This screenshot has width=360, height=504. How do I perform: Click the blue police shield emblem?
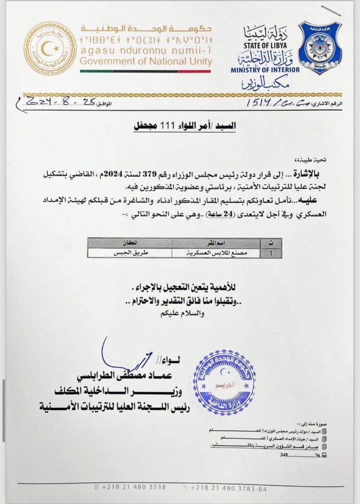[x=320, y=48]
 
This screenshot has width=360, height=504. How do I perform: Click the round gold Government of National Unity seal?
[x=50, y=48]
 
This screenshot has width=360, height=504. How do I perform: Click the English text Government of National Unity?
[x=146, y=61]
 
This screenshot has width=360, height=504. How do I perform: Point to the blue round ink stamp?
[x=224, y=382]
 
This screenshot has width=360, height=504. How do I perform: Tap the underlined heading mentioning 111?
[x=184, y=126]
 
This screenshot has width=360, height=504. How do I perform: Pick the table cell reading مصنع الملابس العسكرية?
[x=216, y=252]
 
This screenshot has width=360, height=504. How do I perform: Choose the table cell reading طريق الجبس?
[x=129, y=252]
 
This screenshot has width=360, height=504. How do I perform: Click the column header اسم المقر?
[x=216, y=243]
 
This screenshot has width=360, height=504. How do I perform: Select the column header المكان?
[x=129, y=243]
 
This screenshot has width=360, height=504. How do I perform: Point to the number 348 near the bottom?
[x=283, y=455]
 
